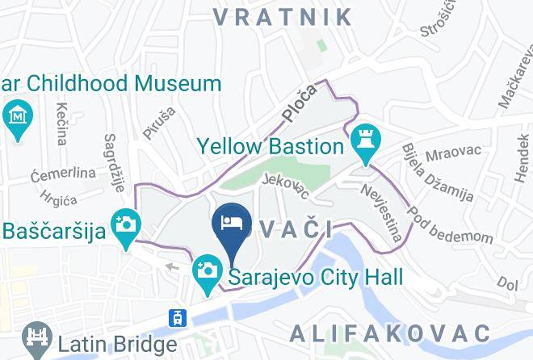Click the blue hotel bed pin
coord(232,224)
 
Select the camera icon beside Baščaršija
coord(125,222)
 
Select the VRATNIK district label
coord(283,16)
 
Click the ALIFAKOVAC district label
coord(390,333)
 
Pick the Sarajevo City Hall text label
coord(316,278)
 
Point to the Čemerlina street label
coord(62,173)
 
